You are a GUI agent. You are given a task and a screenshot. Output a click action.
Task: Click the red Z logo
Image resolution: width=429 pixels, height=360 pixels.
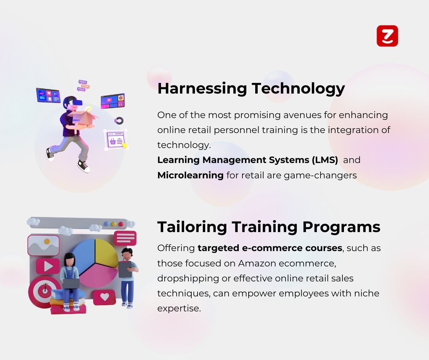click(x=387, y=36)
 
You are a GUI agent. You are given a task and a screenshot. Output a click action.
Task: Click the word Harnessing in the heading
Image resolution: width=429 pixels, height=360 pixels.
click(x=202, y=89)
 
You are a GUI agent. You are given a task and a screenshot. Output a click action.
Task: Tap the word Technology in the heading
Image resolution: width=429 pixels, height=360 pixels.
click(x=298, y=89)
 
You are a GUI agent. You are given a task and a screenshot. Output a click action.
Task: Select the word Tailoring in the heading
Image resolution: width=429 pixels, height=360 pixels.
click(x=192, y=227)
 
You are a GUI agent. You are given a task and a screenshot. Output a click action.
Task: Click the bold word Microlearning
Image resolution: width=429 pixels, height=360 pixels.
click(x=191, y=175)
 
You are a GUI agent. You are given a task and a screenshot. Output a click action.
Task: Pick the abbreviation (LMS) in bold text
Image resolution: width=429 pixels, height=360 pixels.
click(x=325, y=160)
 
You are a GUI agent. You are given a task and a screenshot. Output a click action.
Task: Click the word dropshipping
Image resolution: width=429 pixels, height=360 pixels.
click(x=188, y=278)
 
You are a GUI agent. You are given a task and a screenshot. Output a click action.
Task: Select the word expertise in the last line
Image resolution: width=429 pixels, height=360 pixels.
click(x=179, y=309)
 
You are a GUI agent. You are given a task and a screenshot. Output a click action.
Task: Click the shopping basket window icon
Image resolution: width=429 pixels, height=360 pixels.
click(x=115, y=140)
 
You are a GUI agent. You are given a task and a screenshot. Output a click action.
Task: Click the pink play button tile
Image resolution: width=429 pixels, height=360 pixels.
click(x=48, y=266)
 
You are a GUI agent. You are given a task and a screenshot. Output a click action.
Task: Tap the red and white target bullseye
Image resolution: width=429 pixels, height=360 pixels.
click(x=44, y=291)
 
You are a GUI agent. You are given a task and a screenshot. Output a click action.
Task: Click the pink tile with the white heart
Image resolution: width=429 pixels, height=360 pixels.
click(x=104, y=297)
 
